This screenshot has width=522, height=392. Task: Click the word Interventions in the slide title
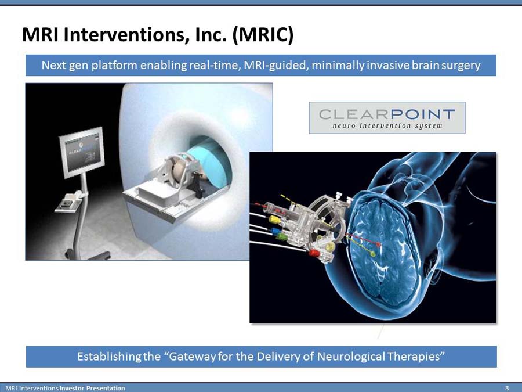click(122, 34)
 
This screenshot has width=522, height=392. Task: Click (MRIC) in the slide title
click(263, 35)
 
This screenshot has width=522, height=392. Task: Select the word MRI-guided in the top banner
click(275, 65)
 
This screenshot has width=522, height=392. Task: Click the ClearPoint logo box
click(387, 118)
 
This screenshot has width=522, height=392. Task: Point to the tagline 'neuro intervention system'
click(387, 125)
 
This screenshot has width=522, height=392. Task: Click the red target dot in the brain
click(378, 244)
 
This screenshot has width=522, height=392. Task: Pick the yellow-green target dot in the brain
click(373, 254)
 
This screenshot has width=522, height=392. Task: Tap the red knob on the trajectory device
click(314, 253)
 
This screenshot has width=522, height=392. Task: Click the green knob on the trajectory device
click(282, 237)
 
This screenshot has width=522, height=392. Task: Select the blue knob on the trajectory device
click(275, 230)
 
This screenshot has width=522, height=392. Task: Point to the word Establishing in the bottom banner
click(109, 357)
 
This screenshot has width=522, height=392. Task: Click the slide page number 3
click(507, 388)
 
